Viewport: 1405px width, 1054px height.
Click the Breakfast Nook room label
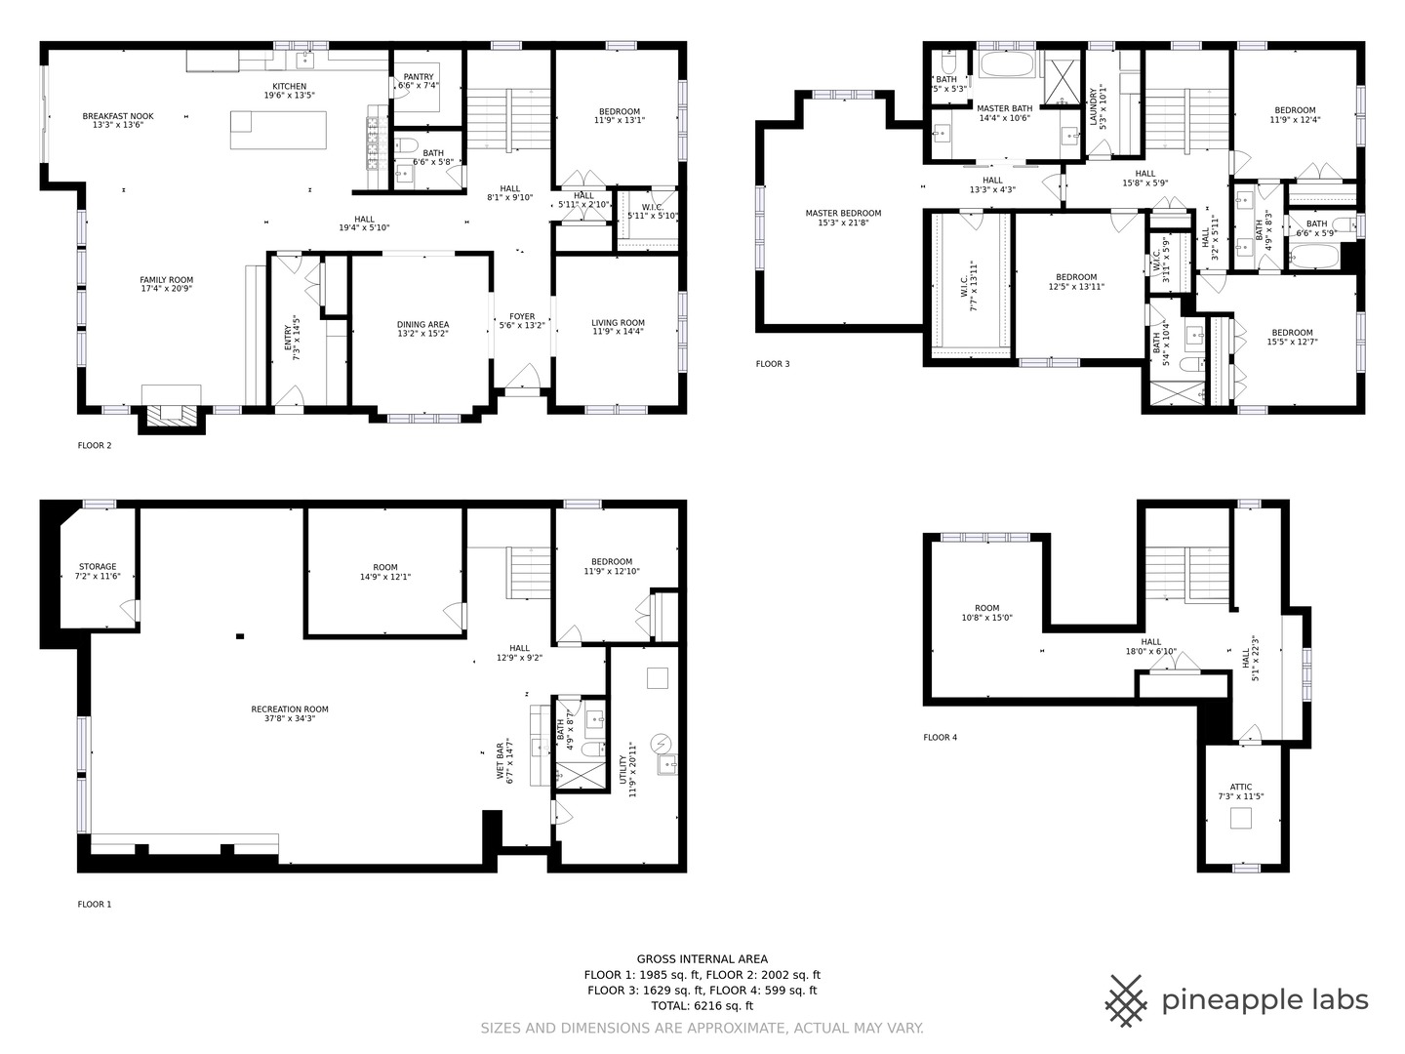tap(117, 116)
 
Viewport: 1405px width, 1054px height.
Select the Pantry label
tap(419, 77)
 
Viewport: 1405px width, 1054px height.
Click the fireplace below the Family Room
tap(171, 414)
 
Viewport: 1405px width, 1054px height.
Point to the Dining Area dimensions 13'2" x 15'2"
tap(422, 333)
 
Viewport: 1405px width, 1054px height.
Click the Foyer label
tap(522, 316)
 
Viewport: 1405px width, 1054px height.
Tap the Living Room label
tap(618, 323)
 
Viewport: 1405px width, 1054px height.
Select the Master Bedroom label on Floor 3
tap(843, 213)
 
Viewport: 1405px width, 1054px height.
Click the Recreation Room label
tap(290, 709)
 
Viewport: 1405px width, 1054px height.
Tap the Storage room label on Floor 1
tap(98, 566)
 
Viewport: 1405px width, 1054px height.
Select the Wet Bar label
tap(501, 760)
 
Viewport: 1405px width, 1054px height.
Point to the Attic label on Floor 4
tap(1240, 787)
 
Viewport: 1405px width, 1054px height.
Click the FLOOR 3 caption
tap(773, 364)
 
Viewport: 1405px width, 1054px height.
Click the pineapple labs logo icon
tap(1126, 1000)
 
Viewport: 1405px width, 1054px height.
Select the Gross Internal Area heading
tap(702, 959)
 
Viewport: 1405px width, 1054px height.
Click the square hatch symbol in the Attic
tap(1240, 818)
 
